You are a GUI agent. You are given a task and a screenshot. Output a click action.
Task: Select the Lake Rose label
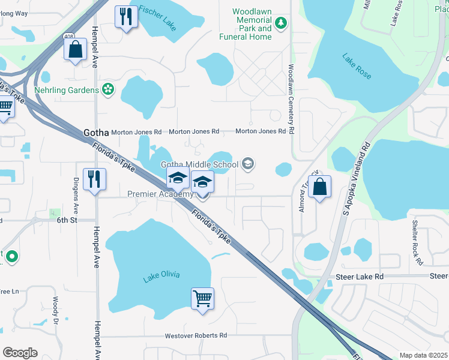(357, 67)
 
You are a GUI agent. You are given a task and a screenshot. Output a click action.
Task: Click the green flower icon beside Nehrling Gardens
(108, 90)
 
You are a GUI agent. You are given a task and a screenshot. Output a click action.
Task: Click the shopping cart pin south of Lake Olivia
(202, 298)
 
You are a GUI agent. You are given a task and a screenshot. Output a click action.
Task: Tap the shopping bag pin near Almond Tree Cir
(321, 186)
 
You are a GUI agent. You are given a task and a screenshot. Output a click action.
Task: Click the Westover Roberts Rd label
(196, 335)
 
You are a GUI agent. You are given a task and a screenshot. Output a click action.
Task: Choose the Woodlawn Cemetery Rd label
(291, 99)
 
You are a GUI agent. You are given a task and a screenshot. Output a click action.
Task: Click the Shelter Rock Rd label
(417, 242)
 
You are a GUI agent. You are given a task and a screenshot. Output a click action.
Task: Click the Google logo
(20, 353)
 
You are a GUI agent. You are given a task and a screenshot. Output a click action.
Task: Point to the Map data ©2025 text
(423, 355)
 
